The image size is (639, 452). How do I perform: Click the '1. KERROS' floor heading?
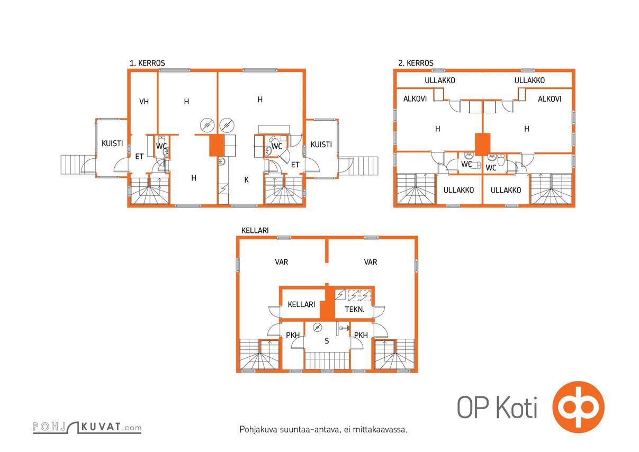[147, 63]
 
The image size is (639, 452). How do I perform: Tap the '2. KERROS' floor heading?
[416, 63]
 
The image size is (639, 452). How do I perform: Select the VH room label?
[144, 102]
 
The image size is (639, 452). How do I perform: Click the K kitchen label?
[247, 180]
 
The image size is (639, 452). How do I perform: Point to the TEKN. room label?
[355, 310]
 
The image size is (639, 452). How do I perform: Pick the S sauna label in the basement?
[327, 341]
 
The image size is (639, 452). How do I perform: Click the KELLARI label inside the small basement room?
[301, 304]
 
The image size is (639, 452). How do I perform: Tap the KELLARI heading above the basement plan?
[255, 230]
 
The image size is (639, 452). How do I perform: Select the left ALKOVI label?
[415, 99]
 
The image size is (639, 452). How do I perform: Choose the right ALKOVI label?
[550, 99]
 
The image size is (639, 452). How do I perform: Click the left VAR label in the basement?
[281, 262]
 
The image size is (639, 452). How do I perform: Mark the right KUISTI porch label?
[321, 144]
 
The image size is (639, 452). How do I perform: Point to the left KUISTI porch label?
[112, 143]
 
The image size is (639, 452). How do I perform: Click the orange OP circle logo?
[578, 407]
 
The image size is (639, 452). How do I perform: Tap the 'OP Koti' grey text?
[497, 407]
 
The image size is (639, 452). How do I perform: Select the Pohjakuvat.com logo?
[87, 427]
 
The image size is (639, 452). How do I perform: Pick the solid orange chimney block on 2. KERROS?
[483, 144]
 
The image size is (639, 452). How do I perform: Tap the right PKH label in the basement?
[361, 335]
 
